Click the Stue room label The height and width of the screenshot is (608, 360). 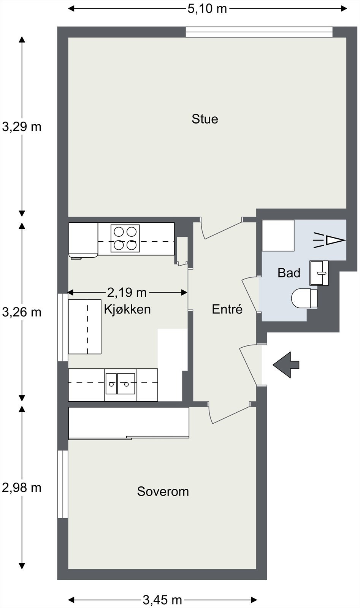pos(205,119)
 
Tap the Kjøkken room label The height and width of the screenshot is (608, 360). pos(127,309)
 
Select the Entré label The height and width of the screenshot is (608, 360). pos(227,309)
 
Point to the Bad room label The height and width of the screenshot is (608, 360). pos(289,273)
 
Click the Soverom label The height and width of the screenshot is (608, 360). pos(163,492)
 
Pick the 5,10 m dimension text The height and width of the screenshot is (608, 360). pos(207,9)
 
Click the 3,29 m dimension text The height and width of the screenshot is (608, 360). pos(22,127)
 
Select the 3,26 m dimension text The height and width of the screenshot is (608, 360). pos(22,312)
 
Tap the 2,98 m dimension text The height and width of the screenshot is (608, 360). pos(22,488)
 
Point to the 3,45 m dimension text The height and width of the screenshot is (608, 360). pos(162,600)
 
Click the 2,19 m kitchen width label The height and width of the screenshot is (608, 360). pos(127,293)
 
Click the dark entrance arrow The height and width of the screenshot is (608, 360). pos(286,365)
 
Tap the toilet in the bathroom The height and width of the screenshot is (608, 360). pos(304,298)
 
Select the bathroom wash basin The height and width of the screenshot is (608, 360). pos(319,273)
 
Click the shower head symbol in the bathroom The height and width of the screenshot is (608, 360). pos(329,240)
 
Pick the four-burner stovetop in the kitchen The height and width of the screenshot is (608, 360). pos(125,238)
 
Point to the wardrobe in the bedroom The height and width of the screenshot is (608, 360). pos(129,423)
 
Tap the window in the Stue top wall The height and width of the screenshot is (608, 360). pos(259,32)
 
